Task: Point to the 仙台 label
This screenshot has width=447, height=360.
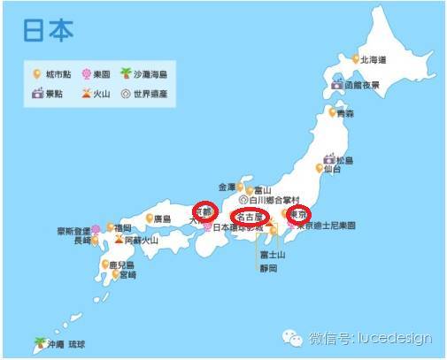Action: [x=333, y=167]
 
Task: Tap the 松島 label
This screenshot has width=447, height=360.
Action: [x=343, y=159]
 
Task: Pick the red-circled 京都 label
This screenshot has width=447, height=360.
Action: [x=204, y=211]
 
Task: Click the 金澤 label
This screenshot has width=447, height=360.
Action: [x=227, y=188]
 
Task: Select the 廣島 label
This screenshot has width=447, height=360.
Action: [x=161, y=218]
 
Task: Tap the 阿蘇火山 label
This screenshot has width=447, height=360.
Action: [x=141, y=239]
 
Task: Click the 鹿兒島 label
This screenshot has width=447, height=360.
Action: [x=123, y=264]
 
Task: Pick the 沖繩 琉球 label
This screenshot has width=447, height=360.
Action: [x=68, y=342]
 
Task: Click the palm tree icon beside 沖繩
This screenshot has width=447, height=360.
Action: [x=39, y=341]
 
